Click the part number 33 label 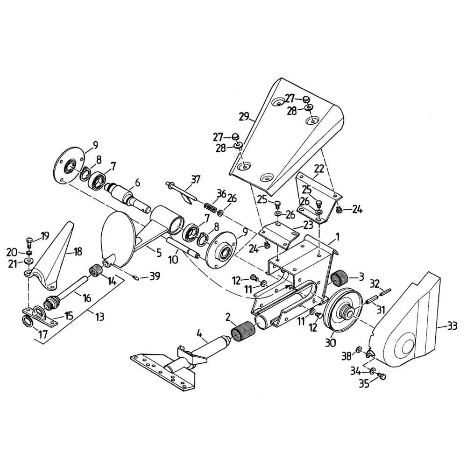point(452,326)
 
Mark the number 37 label point(195,180)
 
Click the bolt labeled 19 point(29,242)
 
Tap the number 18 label point(78,252)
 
